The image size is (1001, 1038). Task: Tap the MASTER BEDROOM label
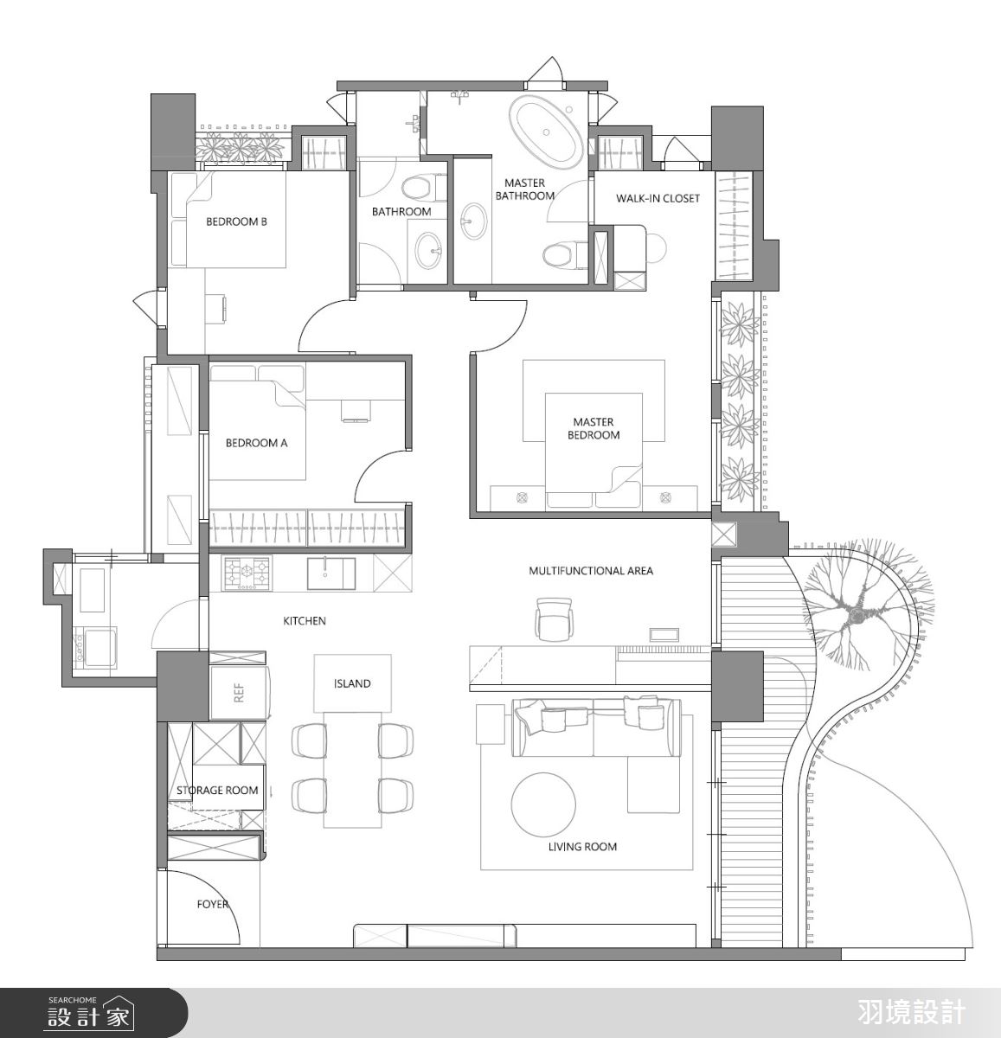(594, 428)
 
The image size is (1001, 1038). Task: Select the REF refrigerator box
(239, 692)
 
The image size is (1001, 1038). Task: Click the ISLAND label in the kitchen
(352, 683)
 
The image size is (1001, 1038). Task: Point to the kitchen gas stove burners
(247, 573)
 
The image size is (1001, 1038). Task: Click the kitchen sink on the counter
(330, 573)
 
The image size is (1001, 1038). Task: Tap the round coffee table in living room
(543, 805)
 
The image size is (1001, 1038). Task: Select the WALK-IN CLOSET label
(658, 198)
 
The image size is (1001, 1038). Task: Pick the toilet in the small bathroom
(422, 189)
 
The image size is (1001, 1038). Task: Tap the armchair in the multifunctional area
(555, 618)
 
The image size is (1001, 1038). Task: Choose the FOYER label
(213, 904)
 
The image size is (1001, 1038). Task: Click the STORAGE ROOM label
(217, 790)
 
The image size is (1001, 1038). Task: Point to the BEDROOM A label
(257, 443)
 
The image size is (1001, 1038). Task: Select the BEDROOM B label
(236, 221)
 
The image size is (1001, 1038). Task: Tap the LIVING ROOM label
(582, 847)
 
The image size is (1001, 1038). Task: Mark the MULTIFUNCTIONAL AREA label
(591, 571)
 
